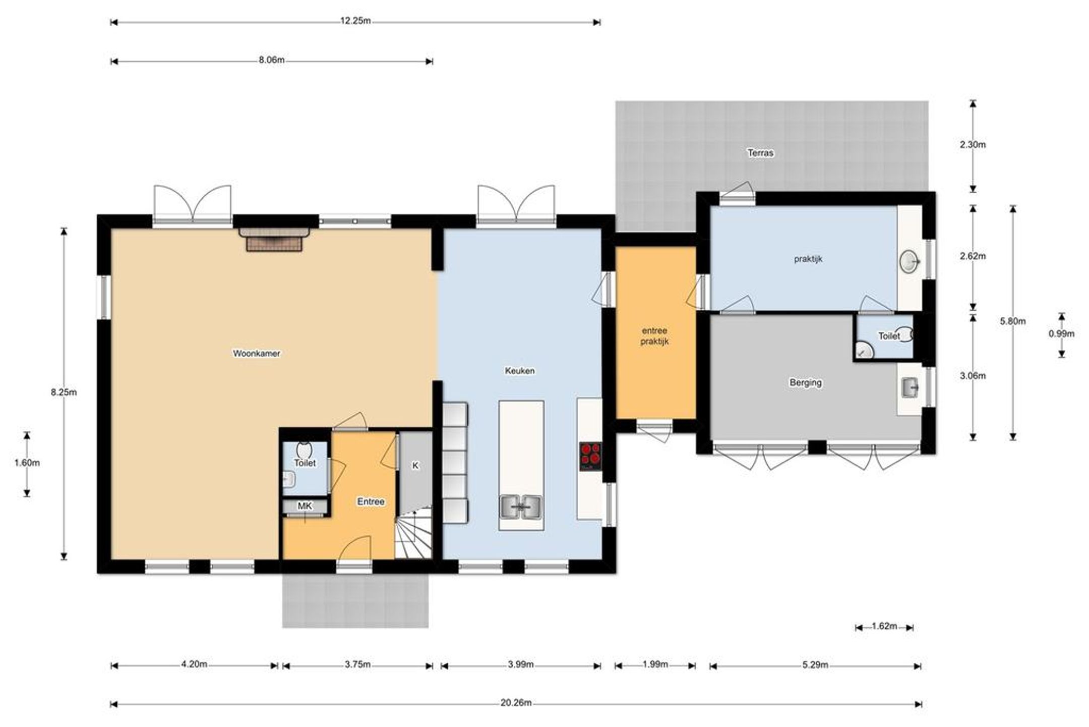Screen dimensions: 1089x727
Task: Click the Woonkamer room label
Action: click(x=256, y=354)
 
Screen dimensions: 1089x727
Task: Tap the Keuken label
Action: click(x=520, y=371)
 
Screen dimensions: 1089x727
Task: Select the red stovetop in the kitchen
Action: click(x=590, y=456)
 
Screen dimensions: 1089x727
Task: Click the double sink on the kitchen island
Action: click(x=521, y=507)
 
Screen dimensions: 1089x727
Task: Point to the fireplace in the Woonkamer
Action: click(x=274, y=239)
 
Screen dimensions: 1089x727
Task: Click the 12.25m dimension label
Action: click(x=355, y=22)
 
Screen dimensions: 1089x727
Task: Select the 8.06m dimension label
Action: click(x=272, y=61)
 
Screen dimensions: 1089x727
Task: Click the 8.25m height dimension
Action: click(x=64, y=392)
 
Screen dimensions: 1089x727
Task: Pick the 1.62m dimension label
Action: click(x=884, y=627)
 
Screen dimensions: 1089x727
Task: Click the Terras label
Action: click(x=760, y=153)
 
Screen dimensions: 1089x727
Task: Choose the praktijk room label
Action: click(x=808, y=259)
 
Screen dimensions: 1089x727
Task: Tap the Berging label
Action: click(x=806, y=383)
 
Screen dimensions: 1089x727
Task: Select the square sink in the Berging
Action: click(x=911, y=388)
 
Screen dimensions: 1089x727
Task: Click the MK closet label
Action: click(x=305, y=506)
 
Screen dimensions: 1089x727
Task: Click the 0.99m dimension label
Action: click(x=1061, y=333)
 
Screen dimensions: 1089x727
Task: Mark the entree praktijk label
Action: click(x=654, y=336)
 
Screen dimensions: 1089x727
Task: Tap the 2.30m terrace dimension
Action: click(x=973, y=145)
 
